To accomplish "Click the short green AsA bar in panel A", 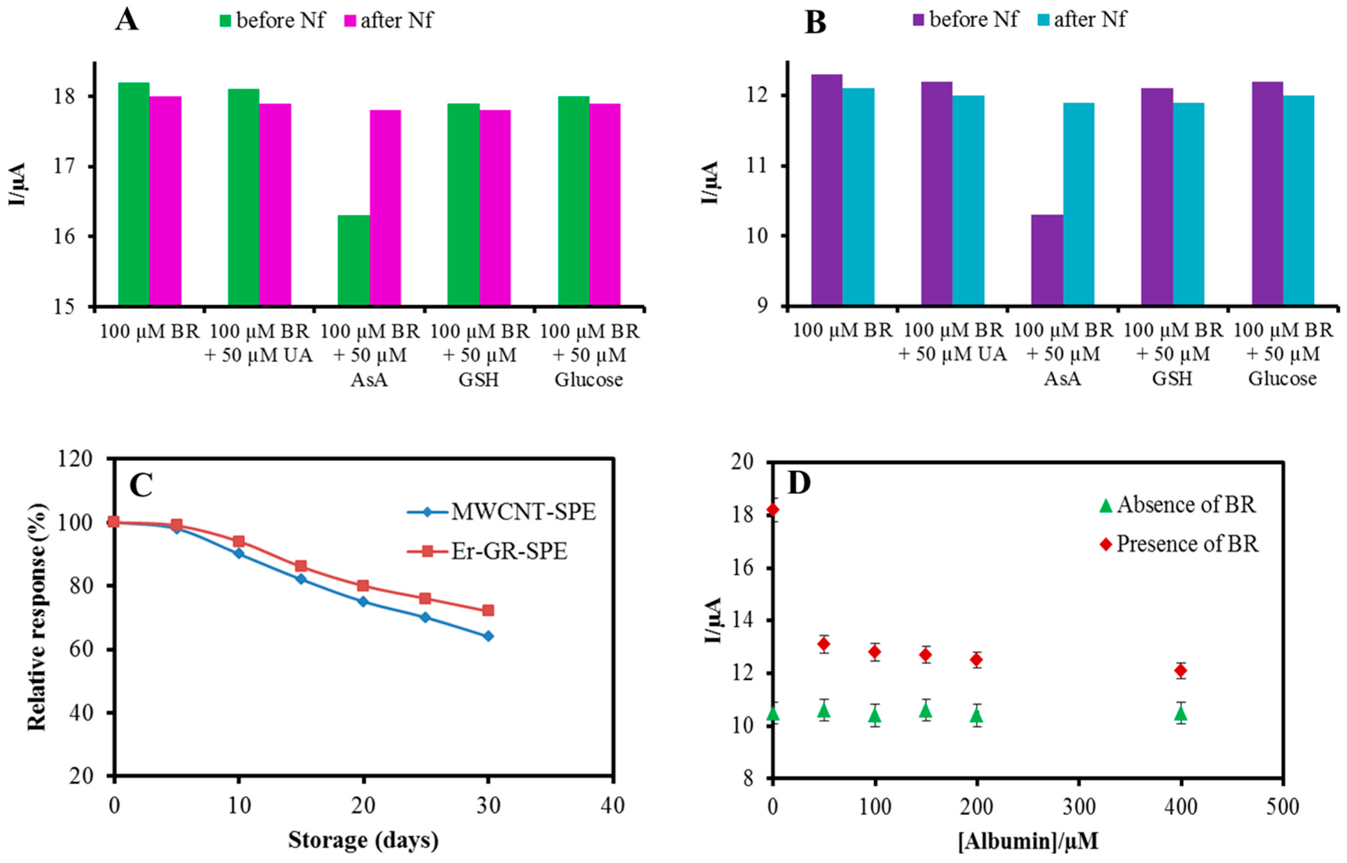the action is (x=354, y=261).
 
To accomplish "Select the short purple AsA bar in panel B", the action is (x=1047, y=261).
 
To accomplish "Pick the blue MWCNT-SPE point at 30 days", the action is (x=488, y=636).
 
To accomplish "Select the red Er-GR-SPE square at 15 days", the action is (x=301, y=566).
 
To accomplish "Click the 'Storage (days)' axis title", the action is (x=363, y=840).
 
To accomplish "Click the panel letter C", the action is (x=141, y=486).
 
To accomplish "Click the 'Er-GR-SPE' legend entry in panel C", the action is (x=487, y=551).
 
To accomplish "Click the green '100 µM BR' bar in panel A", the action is (x=134, y=195).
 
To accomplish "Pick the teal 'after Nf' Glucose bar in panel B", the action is (x=1298, y=201).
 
